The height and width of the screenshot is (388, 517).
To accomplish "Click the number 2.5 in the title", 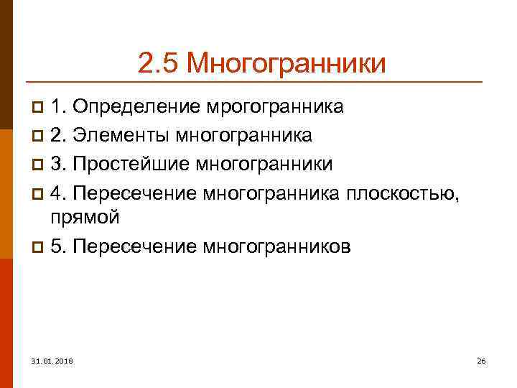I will click(157, 63).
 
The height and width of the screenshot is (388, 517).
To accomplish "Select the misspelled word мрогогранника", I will click(275, 108).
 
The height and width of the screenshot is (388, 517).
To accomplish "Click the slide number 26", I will click(481, 359).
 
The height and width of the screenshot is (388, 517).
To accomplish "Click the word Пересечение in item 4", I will click(136, 192).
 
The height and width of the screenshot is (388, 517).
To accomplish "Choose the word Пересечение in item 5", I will click(136, 247).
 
